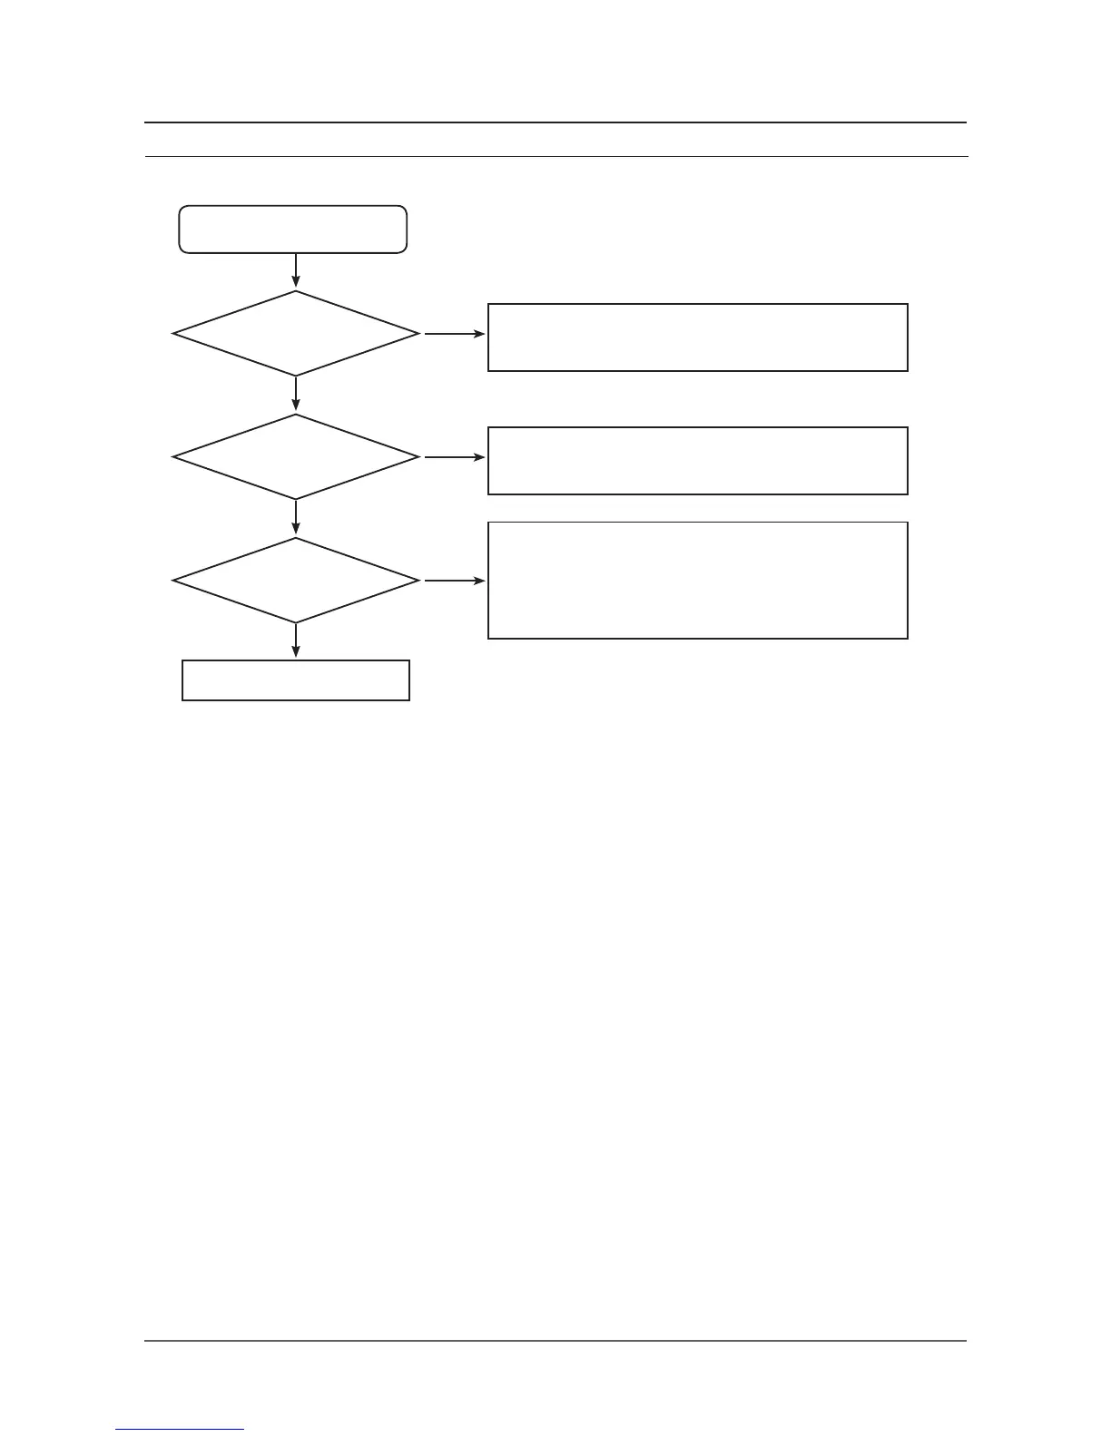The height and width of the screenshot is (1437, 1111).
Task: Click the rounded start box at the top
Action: [293, 229]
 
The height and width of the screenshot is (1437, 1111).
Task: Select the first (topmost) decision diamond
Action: [296, 334]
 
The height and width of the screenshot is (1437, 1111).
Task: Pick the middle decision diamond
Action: [296, 457]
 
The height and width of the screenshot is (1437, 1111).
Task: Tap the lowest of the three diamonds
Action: [296, 581]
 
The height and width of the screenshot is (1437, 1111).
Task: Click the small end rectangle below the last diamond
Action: [296, 680]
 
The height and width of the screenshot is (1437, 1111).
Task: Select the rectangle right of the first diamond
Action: [697, 337]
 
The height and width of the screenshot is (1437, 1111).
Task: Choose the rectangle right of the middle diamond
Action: [697, 461]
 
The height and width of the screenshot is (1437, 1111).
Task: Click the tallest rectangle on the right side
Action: [697, 581]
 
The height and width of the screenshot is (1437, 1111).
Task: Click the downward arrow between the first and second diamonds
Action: [296, 395]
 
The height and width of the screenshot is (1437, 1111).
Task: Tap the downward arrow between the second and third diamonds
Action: [296, 518]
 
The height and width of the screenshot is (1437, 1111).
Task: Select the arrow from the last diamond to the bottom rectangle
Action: [296, 641]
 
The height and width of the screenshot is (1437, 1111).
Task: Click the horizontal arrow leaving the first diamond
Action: [454, 334]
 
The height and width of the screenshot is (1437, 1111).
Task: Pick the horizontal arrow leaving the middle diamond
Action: [454, 457]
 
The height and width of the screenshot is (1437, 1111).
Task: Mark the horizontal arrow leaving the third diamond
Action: [454, 581]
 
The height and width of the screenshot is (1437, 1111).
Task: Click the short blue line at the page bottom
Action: [180, 1430]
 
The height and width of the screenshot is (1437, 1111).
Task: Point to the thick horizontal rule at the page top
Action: [555, 122]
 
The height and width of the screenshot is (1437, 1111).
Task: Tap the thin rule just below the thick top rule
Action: [555, 157]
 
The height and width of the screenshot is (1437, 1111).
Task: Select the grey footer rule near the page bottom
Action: [555, 1341]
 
